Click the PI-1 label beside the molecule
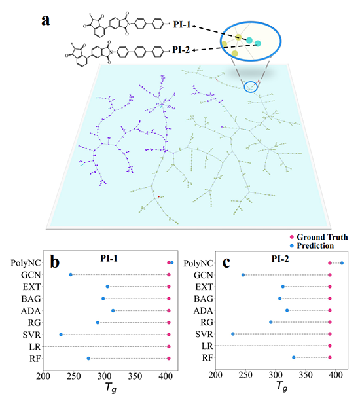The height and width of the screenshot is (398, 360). click(181, 25)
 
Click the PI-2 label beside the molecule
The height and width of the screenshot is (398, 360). click(181, 50)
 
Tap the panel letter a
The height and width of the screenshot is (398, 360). click(46, 20)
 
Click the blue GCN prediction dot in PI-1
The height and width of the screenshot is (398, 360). click(71, 275)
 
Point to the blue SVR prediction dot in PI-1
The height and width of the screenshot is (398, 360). click(61, 335)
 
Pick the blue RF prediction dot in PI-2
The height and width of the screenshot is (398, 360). click(294, 357)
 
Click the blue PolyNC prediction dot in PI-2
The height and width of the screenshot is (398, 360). click(342, 263)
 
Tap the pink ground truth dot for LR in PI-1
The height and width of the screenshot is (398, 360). click(169, 346)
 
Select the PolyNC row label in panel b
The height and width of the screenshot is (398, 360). click(26, 263)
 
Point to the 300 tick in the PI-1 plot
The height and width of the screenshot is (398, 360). click(104, 376)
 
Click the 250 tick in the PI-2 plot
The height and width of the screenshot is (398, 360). click(245, 375)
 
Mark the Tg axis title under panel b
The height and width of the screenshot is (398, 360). click(111, 388)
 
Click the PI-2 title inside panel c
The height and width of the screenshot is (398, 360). click(280, 259)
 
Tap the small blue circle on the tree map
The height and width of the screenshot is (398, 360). click(251, 87)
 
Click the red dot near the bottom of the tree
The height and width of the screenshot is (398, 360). click(159, 197)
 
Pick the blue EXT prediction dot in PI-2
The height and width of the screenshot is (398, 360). click(283, 287)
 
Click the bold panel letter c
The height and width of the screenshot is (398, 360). click(226, 262)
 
